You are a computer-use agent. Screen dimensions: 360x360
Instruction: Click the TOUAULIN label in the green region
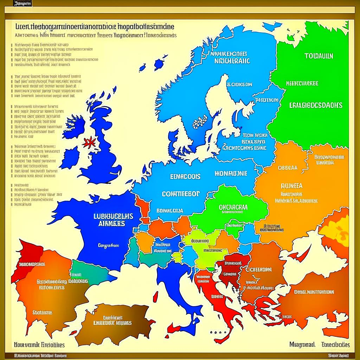(319, 56)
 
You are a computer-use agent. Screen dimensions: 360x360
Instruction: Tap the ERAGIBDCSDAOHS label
(316, 105)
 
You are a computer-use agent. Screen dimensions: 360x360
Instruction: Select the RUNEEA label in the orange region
(291, 186)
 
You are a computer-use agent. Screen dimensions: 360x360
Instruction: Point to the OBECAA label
(287, 168)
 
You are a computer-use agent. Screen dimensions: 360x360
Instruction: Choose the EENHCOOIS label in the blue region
(185, 177)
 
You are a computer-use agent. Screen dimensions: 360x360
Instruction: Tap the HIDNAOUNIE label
(230, 174)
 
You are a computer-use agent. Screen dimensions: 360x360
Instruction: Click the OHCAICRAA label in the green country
(233, 207)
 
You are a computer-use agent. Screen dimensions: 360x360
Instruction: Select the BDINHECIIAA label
(169, 211)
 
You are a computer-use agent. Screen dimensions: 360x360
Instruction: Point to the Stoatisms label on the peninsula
(42, 312)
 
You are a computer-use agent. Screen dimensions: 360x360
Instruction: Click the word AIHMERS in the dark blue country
(113, 224)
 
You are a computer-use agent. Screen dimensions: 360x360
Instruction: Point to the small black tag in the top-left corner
(23, 4)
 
